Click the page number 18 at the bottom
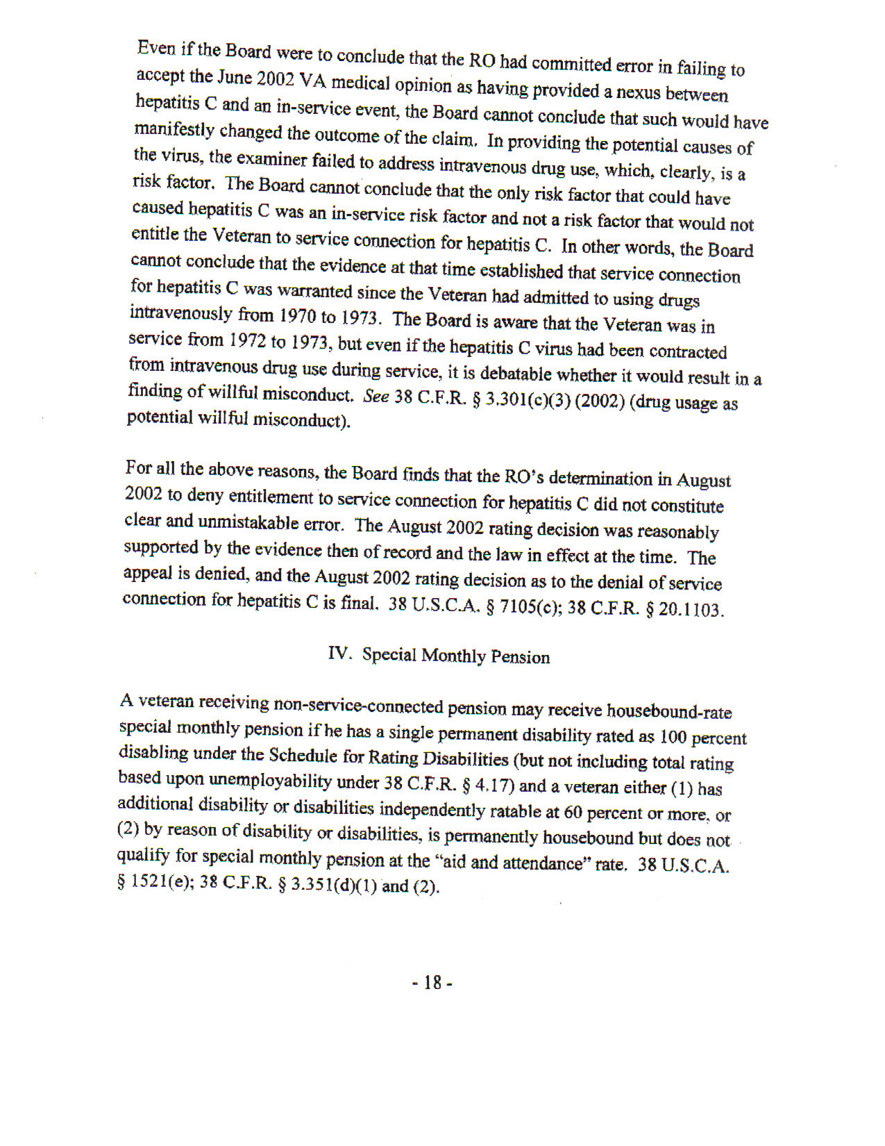click(x=432, y=983)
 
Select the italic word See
click(x=376, y=396)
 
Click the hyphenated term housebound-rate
click(x=668, y=711)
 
